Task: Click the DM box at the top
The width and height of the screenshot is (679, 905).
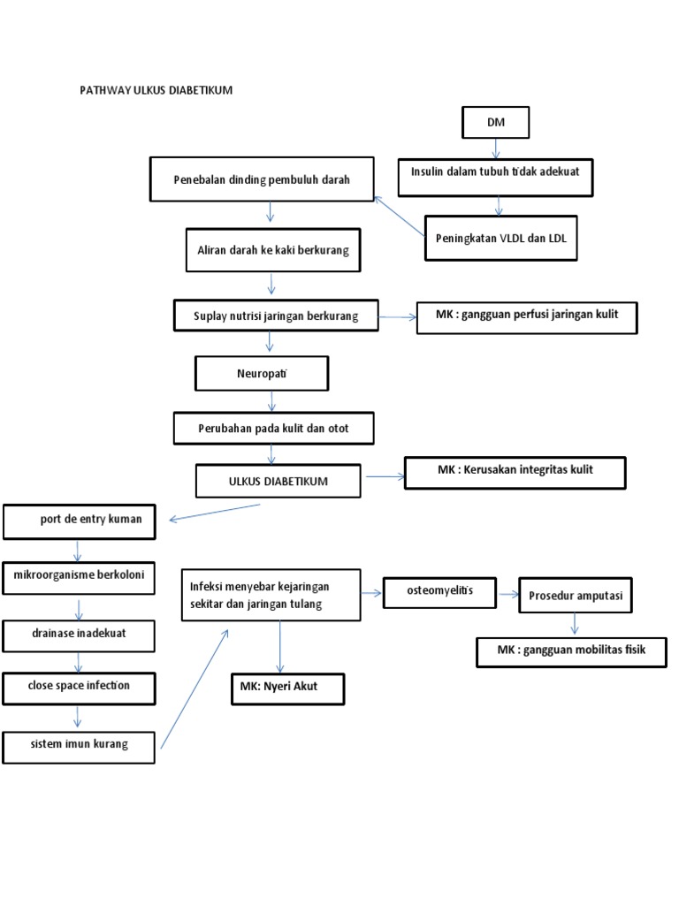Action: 495,123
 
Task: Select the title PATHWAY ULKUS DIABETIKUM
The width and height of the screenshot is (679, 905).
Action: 156,91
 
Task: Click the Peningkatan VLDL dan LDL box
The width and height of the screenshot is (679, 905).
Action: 500,238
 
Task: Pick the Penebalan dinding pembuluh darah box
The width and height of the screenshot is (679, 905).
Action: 262,179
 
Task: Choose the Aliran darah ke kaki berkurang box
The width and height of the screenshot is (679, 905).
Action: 272,250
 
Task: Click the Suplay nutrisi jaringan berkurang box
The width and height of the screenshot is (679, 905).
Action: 276,316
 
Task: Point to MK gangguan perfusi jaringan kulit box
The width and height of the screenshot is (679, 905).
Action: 527,316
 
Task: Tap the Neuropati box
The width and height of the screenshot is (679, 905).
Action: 262,373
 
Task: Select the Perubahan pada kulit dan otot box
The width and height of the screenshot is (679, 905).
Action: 274,430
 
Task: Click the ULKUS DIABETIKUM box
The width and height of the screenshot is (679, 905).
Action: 278,482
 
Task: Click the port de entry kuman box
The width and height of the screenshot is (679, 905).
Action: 84,521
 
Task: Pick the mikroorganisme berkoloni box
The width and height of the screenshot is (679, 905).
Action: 80,578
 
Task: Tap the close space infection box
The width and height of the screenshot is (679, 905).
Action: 80,686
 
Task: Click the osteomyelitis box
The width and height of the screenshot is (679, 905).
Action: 439,591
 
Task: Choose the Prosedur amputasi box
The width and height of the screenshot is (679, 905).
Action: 575,597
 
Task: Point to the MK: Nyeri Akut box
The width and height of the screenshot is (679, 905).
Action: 286,689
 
